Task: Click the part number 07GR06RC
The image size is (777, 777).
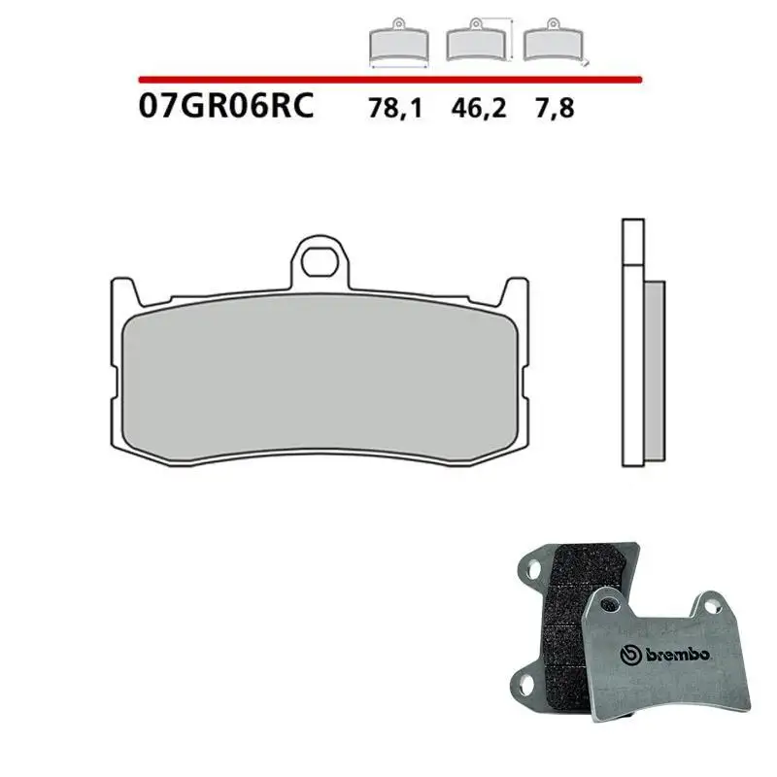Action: (x=226, y=105)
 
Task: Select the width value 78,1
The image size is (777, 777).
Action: (x=395, y=108)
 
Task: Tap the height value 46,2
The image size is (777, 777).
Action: (x=477, y=108)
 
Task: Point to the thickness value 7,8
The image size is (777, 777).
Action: (x=554, y=108)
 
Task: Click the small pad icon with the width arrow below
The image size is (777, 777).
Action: (x=399, y=44)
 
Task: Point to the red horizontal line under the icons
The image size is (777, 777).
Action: (x=388, y=78)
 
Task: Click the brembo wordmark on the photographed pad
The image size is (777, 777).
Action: (x=681, y=657)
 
